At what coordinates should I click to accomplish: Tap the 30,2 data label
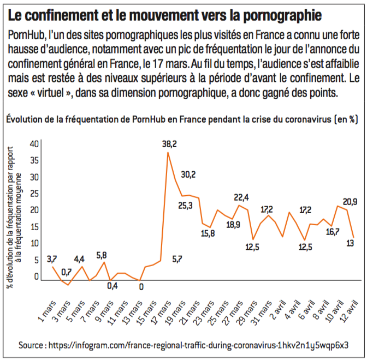coord(188,175)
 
